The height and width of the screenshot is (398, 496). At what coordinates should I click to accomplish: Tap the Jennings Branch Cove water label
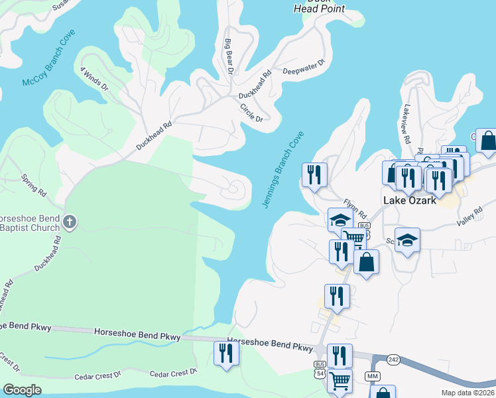click(283, 169)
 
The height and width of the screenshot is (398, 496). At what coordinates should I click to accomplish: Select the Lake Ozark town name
click(410, 200)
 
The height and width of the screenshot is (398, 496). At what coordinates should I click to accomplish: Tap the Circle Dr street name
click(252, 112)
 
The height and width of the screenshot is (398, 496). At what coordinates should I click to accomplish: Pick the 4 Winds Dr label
click(94, 79)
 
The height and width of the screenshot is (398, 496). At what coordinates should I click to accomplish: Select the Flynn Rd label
click(355, 208)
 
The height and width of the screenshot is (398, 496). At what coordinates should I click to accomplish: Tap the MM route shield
click(372, 377)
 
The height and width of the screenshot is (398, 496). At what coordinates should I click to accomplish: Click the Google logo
click(22, 390)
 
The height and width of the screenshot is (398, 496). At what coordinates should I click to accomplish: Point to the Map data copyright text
click(468, 393)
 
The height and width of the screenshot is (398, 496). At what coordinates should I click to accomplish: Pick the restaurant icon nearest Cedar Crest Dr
click(226, 353)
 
